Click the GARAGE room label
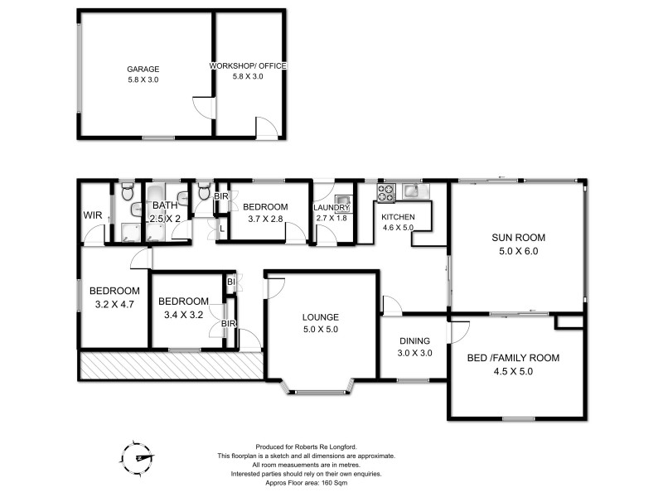click(x=143, y=69)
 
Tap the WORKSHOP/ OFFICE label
click(x=248, y=66)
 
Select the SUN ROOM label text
click(x=519, y=238)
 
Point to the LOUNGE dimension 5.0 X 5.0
click(x=321, y=329)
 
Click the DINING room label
click(x=415, y=340)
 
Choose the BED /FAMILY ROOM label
click(x=513, y=358)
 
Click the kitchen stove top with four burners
click(x=386, y=193)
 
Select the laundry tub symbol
click(x=341, y=200)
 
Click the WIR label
click(x=93, y=215)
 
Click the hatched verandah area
click(x=172, y=365)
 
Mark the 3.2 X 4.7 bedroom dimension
click(x=114, y=304)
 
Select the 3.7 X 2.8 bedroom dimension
click(x=265, y=219)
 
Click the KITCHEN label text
click(x=398, y=217)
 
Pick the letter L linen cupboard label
click(x=222, y=229)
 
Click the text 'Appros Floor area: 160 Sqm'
click(x=307, y=483)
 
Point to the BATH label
click(x=165, y=205)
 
